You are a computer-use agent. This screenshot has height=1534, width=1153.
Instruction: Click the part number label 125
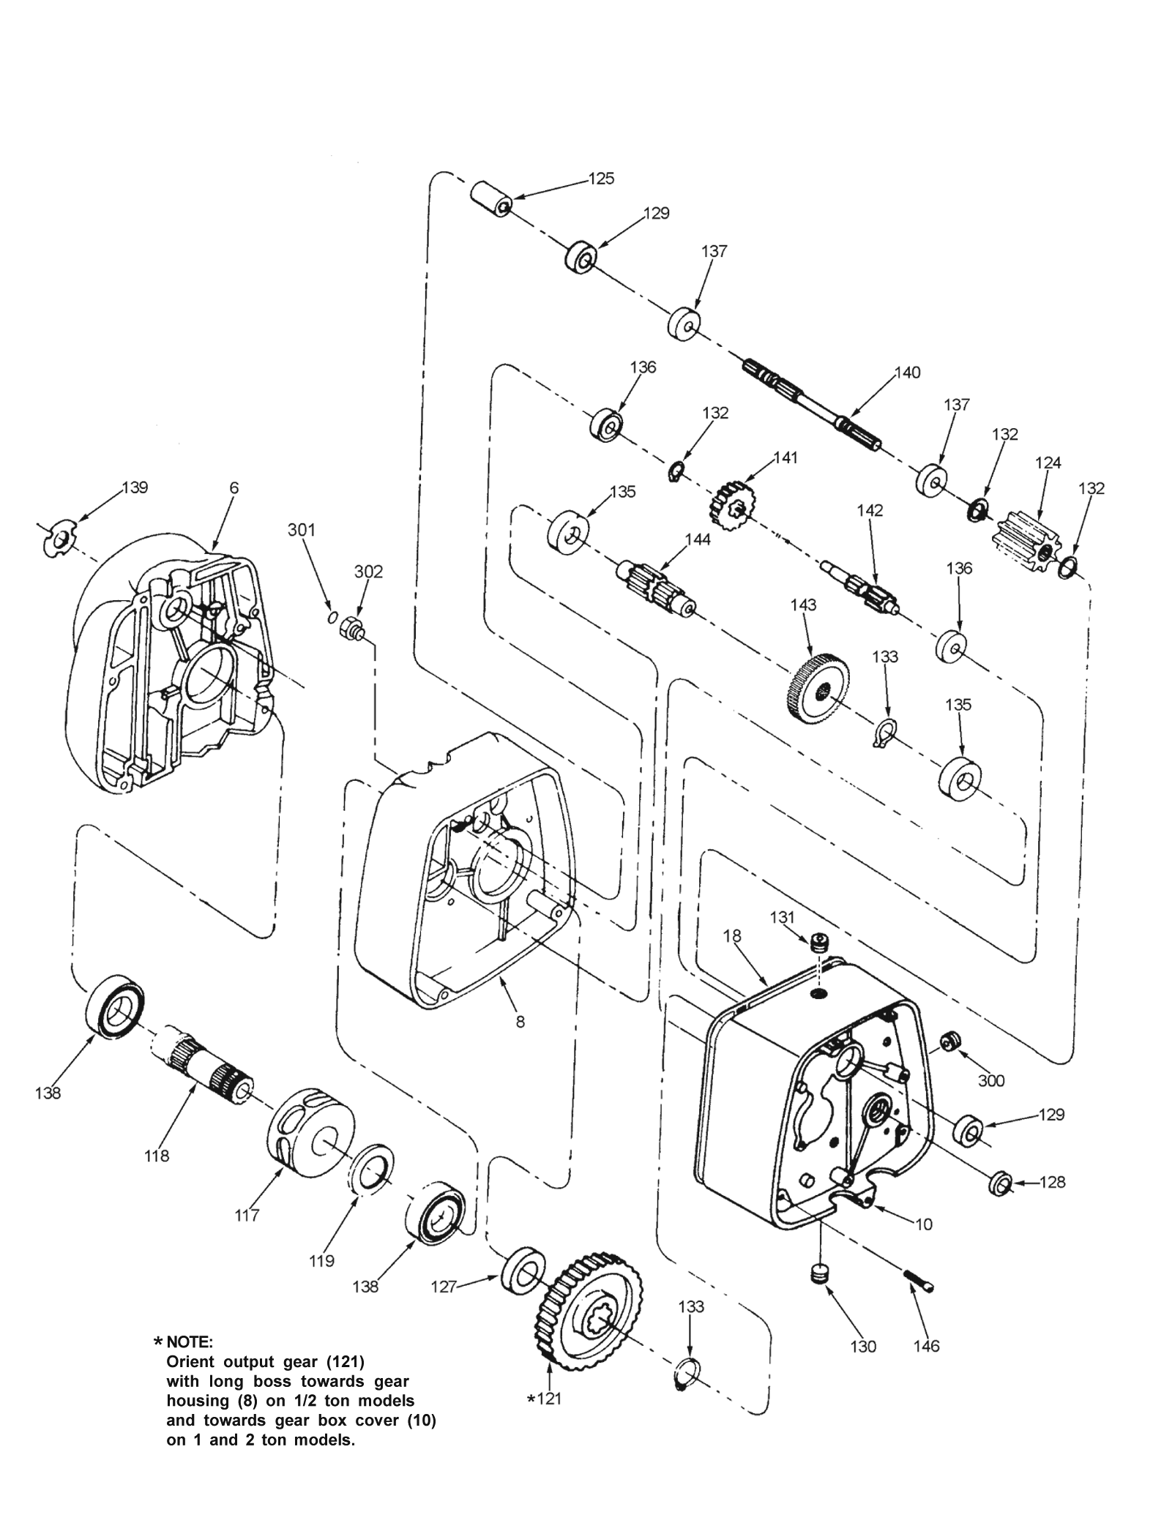tap(601, 179)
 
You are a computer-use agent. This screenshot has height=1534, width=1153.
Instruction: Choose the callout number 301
tap(301, 529)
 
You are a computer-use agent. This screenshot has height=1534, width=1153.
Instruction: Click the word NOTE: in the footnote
tap(190, 1342)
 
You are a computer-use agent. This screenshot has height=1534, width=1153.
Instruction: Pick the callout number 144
tap(697, 540)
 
